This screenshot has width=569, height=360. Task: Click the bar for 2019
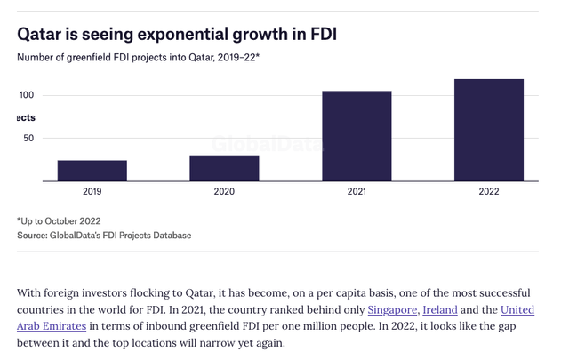coord(92,171)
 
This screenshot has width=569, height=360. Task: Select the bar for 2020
coord(224,168)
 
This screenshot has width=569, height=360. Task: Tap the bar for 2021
coord(357,136)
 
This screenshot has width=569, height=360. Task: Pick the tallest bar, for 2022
coord(489,130)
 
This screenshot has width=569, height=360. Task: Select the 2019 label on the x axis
coord(92,191)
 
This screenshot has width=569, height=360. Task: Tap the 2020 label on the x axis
coord(224,191)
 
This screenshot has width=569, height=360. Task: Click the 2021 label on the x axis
coord(357,191)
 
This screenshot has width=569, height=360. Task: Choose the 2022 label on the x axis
coord(489,191)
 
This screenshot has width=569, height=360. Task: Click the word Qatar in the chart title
coord(44,36)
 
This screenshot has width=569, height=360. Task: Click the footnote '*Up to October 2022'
coord(59,220)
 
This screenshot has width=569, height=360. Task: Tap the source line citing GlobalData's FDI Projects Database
coord(104,236)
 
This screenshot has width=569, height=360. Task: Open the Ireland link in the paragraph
coord(441,309)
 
